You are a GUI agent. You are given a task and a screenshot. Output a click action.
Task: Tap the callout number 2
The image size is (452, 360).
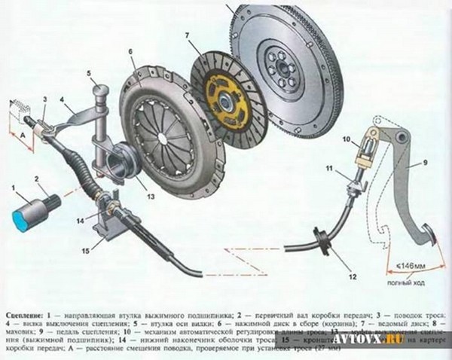[36, 178]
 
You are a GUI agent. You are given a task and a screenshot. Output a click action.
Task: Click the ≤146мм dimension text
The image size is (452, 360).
[414, 266]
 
